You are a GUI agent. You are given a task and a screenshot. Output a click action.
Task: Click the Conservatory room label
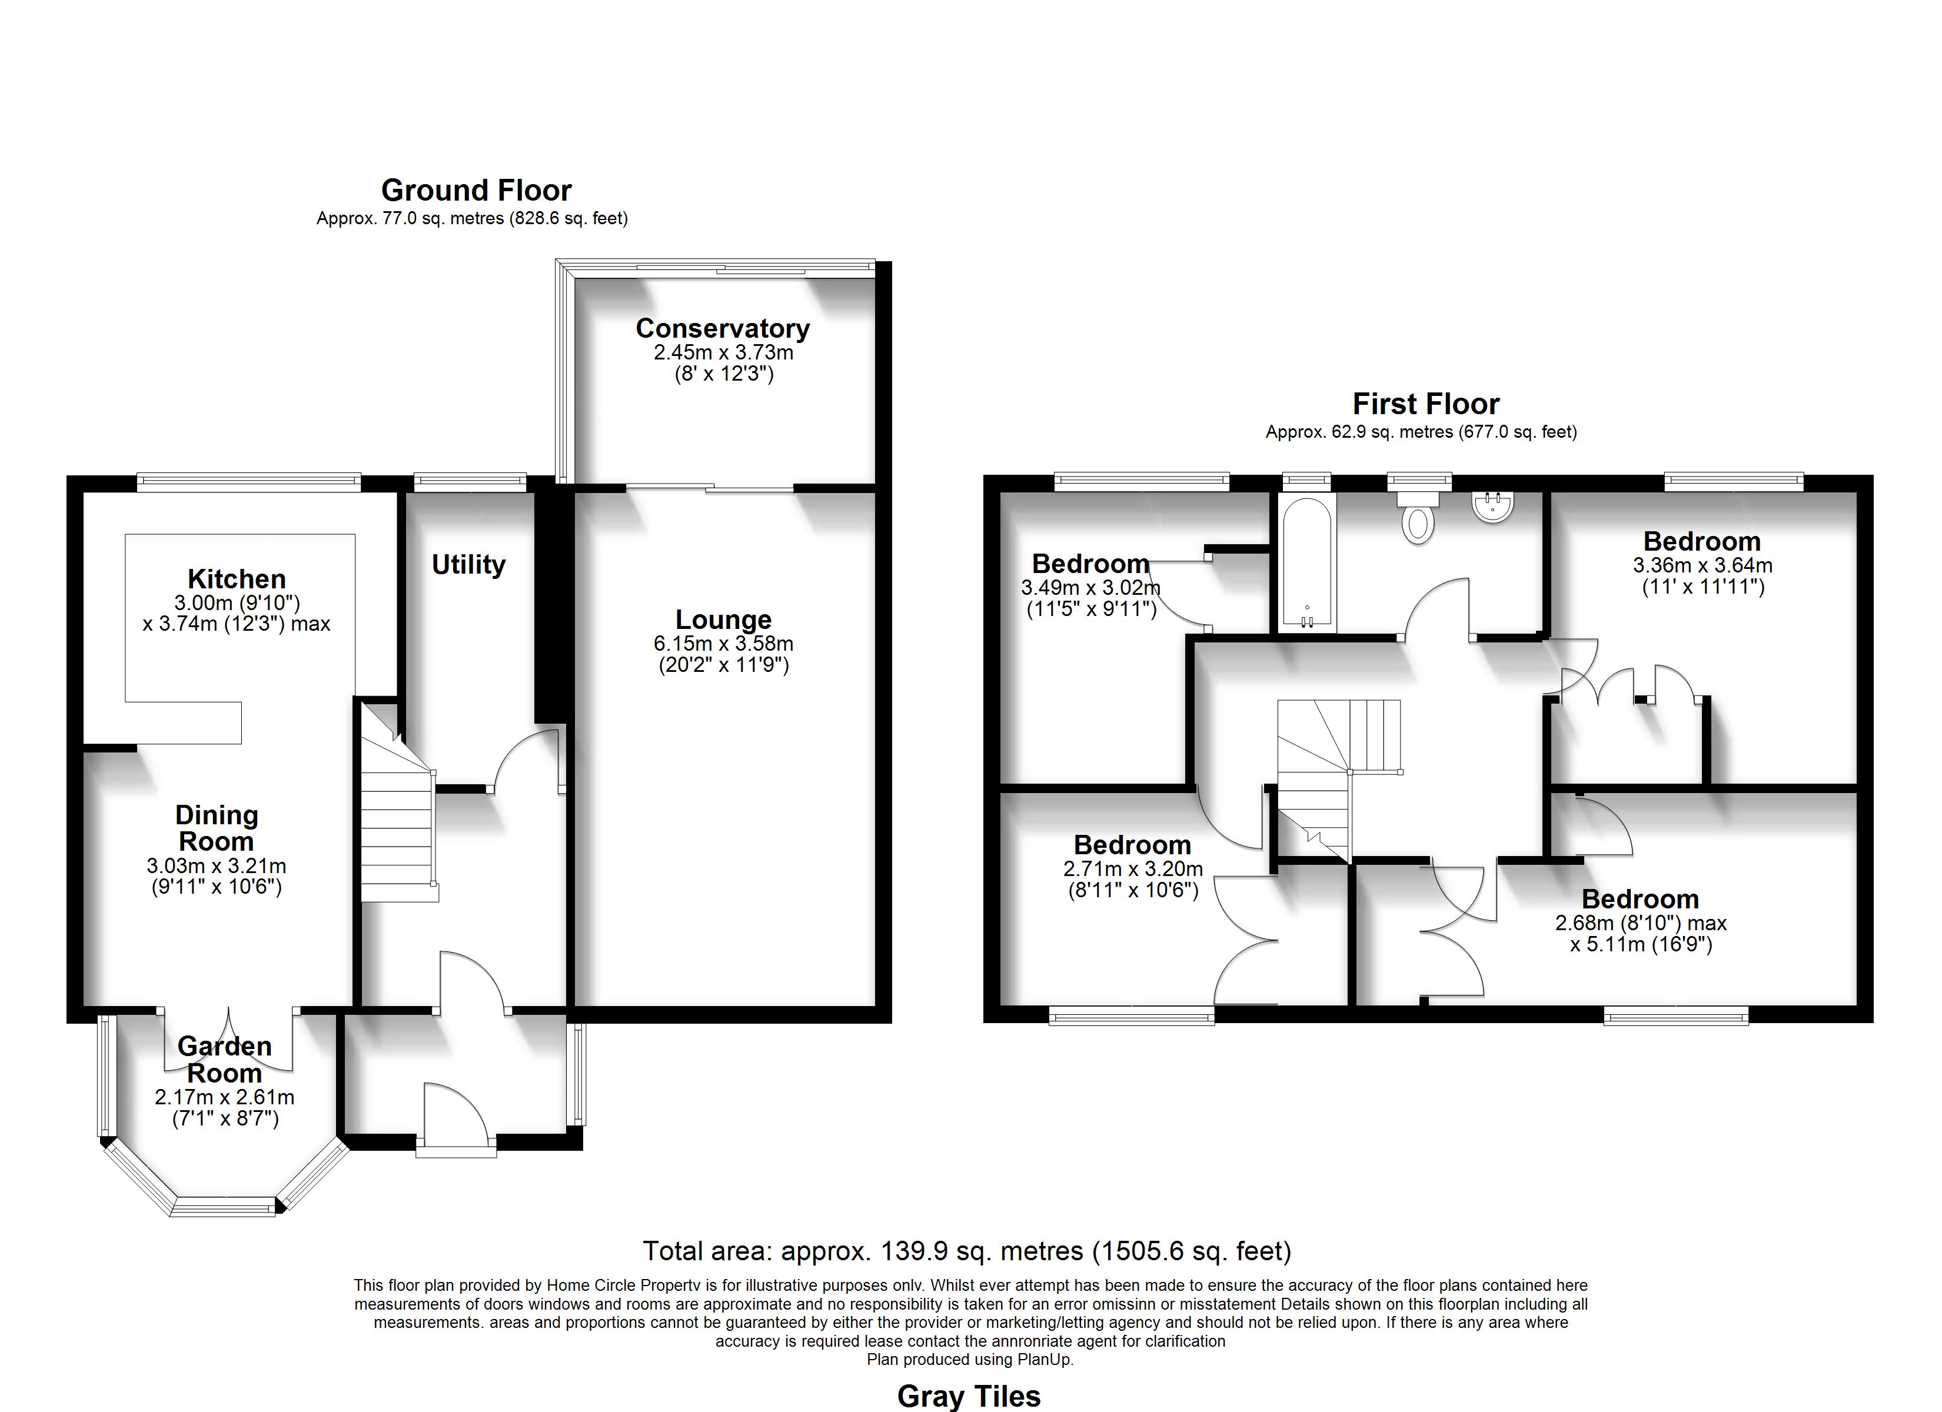pyautogui.click(x=723, y=329)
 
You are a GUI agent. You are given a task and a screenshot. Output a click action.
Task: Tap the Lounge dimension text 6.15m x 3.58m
pyautogui.click(x=723, y=643)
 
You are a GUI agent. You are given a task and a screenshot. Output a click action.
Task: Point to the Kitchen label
pyautogui.click(x=237, y=579)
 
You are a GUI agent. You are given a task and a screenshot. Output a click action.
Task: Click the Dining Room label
pyautogui.click(x=217, y=828)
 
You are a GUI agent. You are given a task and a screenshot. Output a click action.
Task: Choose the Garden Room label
pyautogui.click(x=224, y=1059)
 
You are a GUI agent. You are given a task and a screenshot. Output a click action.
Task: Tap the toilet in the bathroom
pyautogui.click(x=1418, y=517)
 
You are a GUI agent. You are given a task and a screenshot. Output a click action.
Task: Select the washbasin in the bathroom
pyautogui.click(x=1494, y=506)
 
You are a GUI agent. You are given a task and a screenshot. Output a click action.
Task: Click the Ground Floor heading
pyautogui.click(x=476, y=190)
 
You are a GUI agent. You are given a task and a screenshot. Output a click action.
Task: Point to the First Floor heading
pyautogui.click(x=1426, y=404)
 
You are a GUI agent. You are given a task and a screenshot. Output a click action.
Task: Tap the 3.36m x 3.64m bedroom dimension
pyautogui.click(x=1702, y=565)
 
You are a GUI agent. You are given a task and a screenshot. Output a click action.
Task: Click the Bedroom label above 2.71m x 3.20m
pyautogui.click(x=1132, y=845)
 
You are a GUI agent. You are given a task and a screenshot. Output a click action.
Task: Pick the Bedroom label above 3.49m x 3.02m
pyautogui.click(x=1090, y=564)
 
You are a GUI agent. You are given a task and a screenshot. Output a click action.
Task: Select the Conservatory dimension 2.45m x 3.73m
pyautogui.click(x=723, y=352)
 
